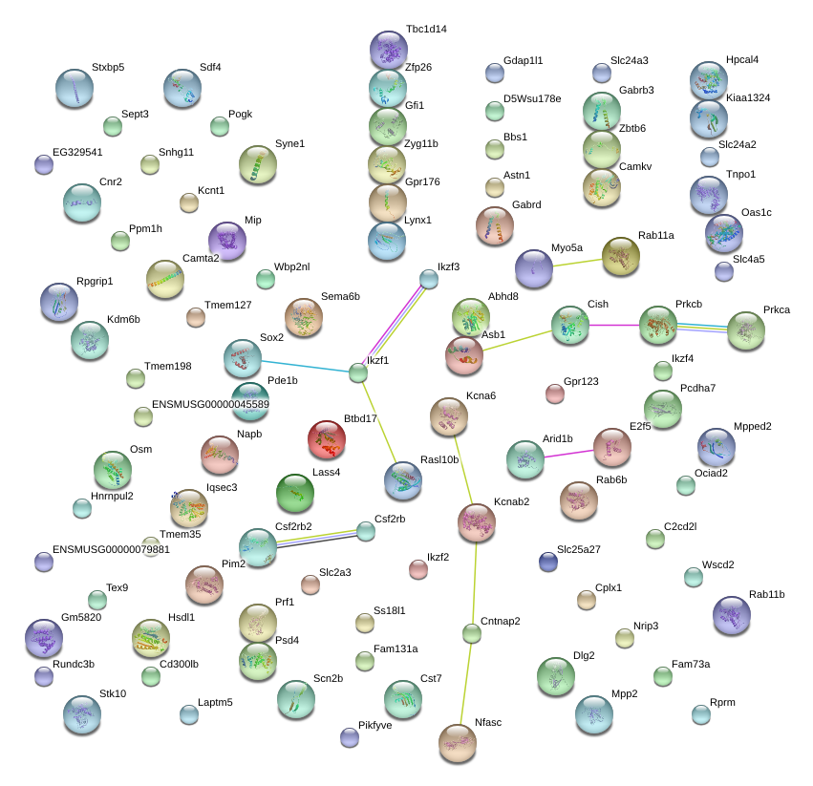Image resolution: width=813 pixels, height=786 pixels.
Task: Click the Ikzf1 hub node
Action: [x=358, y=372]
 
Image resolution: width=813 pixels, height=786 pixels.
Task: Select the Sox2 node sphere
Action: [x=242, y=358]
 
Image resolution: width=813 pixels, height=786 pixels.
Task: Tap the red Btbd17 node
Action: [x=327, y=439]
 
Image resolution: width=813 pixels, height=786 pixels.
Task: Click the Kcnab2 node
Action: [x=477, y=521]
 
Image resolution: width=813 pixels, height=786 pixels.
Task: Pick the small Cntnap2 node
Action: [x=471, y=632]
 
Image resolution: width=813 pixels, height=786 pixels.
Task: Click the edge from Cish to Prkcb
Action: [x=613, y=326]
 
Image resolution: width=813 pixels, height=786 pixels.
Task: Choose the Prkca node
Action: [x=745, y=330]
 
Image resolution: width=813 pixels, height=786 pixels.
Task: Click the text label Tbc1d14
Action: [x=426, y=30]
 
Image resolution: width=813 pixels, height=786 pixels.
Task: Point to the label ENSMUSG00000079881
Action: [x=111, y=549]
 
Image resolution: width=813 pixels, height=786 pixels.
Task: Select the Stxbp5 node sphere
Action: [x=75, y=88]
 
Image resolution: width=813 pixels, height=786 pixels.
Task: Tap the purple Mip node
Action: [x=226, y=241]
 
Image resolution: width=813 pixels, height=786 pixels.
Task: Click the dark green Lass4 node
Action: [x=295, y=493]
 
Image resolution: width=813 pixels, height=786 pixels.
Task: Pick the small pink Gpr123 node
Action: [x=555, y=393]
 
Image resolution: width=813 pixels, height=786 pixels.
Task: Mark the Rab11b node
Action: [x=732, y=615]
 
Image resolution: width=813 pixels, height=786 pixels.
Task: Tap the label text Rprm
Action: [x=723, y=702]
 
